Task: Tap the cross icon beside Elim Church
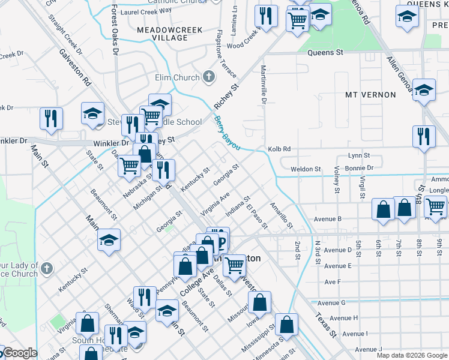pyautogui.click(x=208, y=77)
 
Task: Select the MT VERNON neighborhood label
pyautogui.click(x=370, y=95)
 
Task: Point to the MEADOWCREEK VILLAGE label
pyautogui.click(x=162, y=33)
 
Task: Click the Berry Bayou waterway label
pyautogui.click(x=227, y=134)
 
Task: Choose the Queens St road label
pyautogui.click(x=325, y=53)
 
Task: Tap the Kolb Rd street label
pyautogui.click(x=279, y=149)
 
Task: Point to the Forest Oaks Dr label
pyautogui.click(x=115, y=29)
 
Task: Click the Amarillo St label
pyautogui.click(x=280, y=215)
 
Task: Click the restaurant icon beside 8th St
pyautogui.click(x=424, y=136)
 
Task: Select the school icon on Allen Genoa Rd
pyautogui.click(x=424, y=91)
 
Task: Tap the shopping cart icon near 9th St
pyautogui.click(x=435, y=206)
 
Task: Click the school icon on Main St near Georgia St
pyautogui.click(x=109, y=239)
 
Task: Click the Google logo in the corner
pyautogui.click(x=19, y=353)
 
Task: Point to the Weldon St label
pyautogui.click(x=306, y=169)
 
